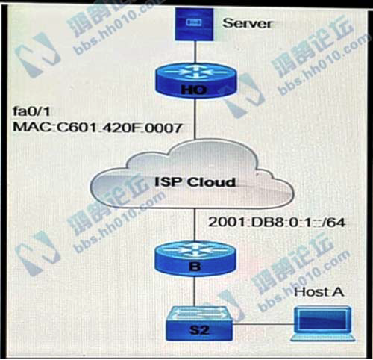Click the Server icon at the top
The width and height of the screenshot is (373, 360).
click(x=193, y=24)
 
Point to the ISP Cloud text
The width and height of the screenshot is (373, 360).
click(x=195, y=181)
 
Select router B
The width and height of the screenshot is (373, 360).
click(x=194, y=257)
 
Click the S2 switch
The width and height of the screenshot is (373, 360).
click(x=193, y=323)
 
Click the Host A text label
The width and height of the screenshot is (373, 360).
click(x=319, y=291)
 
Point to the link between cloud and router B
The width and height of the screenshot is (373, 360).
click(x=194, y=223)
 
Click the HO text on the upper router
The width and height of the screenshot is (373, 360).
click(x=194, y=90)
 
